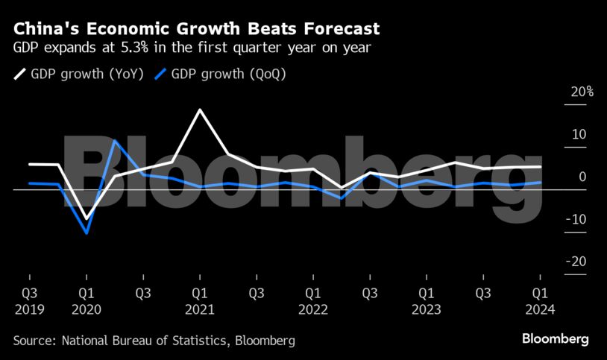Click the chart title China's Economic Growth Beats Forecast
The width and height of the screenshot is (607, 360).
(x=196, y=29)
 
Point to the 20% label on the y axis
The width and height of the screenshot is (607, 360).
(x=582, y=92)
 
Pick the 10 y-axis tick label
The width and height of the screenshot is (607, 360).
(x=579, y=134)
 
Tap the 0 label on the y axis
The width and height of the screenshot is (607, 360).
(x=582, y=177)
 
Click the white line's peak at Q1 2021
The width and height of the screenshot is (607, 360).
(x=200, y=110)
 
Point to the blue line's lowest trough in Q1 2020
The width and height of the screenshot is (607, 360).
(x=87, y=233)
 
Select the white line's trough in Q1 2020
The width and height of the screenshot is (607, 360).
(x=87, y=219)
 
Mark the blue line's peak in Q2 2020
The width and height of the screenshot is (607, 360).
(x=115, y=140)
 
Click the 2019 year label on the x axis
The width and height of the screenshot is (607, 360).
(x=29, y=309)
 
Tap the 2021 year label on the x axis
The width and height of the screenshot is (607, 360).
(x=200, y=309)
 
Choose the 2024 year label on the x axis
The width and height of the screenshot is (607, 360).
(x=540, y=309)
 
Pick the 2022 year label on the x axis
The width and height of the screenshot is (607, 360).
(x=313, y=309)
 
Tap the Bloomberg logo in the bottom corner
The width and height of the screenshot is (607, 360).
(x=555, y=339)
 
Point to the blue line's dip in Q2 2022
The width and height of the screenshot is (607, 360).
(x=342, y=198)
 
